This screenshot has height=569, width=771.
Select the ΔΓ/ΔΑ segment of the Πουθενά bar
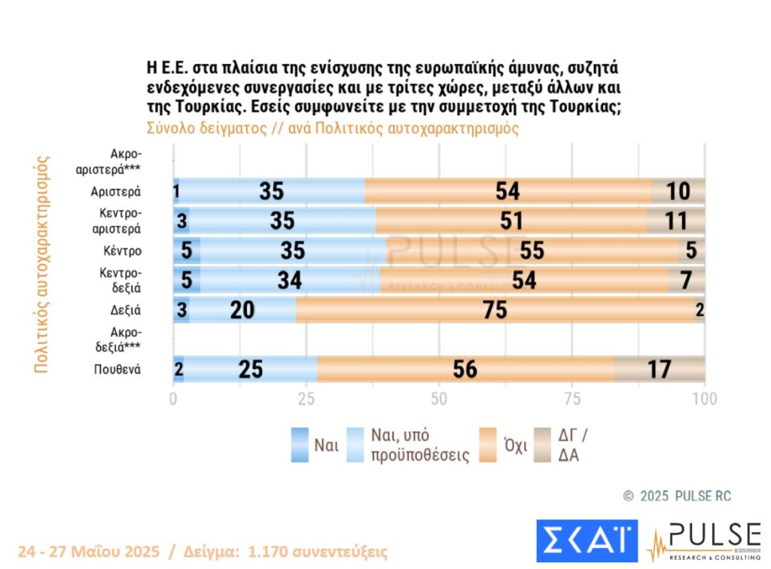pos(660,369)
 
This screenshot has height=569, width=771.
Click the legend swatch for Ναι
pos(300,444)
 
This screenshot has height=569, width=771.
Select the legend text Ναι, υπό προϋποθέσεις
pos(421,445)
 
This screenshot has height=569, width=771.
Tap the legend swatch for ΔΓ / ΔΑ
pos(543,444)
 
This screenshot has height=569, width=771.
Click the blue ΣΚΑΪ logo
pos(587,540)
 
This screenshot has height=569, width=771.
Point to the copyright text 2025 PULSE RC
pos(678,496)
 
